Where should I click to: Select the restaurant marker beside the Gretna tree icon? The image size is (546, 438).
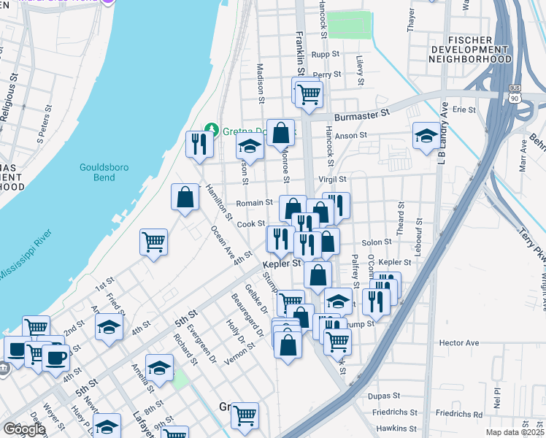tap(199, 144)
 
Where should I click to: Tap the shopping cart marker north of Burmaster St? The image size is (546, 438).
tap(309, 93)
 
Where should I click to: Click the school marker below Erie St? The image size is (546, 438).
tap(427, 136)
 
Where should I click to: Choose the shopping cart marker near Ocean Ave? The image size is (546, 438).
tap(154, 242)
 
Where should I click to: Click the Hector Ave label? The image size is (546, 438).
tap(458, 342)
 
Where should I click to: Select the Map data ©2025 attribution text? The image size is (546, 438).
tap(514, 432)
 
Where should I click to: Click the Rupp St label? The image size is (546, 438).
tap(326, 54)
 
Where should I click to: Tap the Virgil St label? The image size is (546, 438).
tap(331, 179)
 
